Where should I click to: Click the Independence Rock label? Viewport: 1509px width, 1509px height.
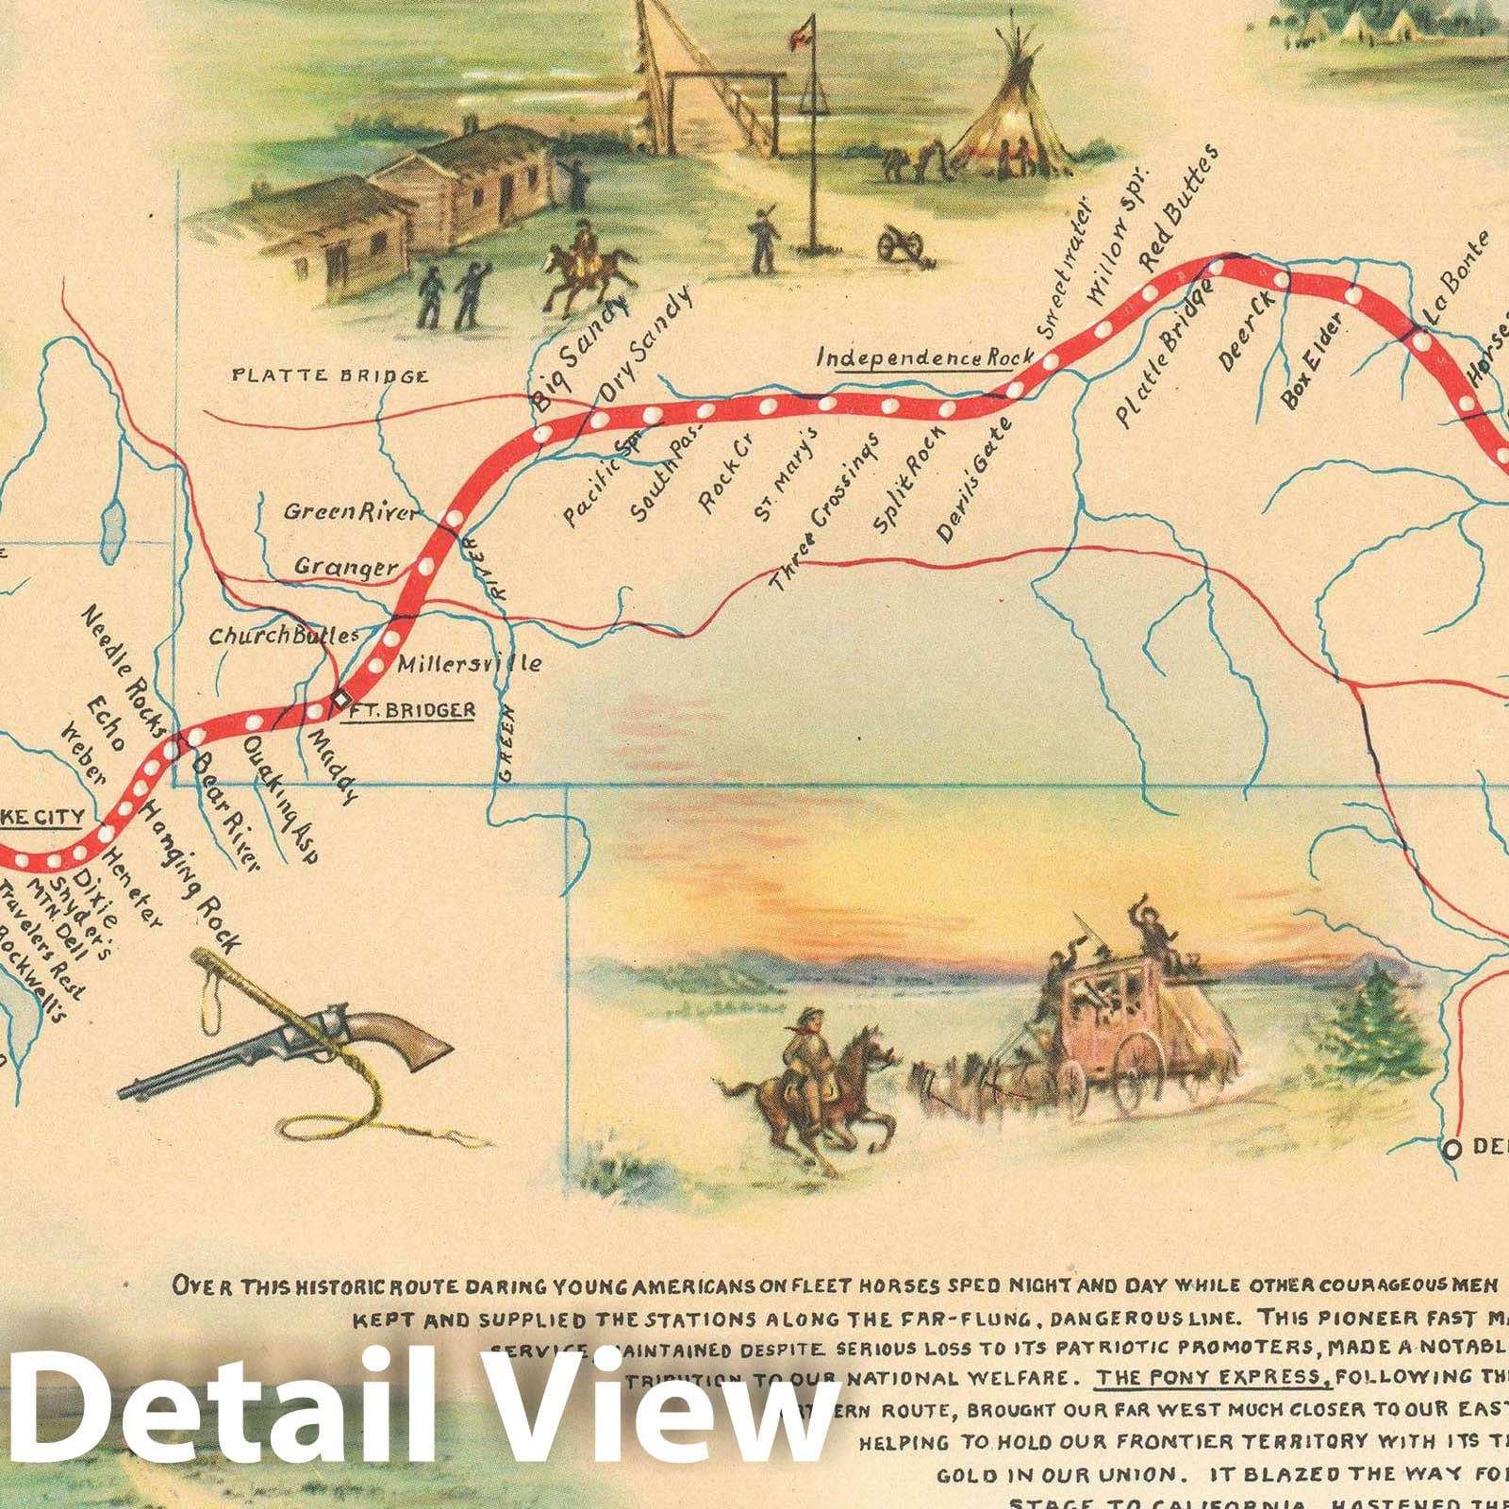point(924,358)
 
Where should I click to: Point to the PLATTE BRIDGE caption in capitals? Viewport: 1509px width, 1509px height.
point(330,376)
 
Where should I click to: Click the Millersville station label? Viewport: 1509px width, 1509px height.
point(469,663)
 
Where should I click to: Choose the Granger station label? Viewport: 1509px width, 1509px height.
point(345,567)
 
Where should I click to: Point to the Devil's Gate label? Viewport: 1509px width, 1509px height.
point(974,481)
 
